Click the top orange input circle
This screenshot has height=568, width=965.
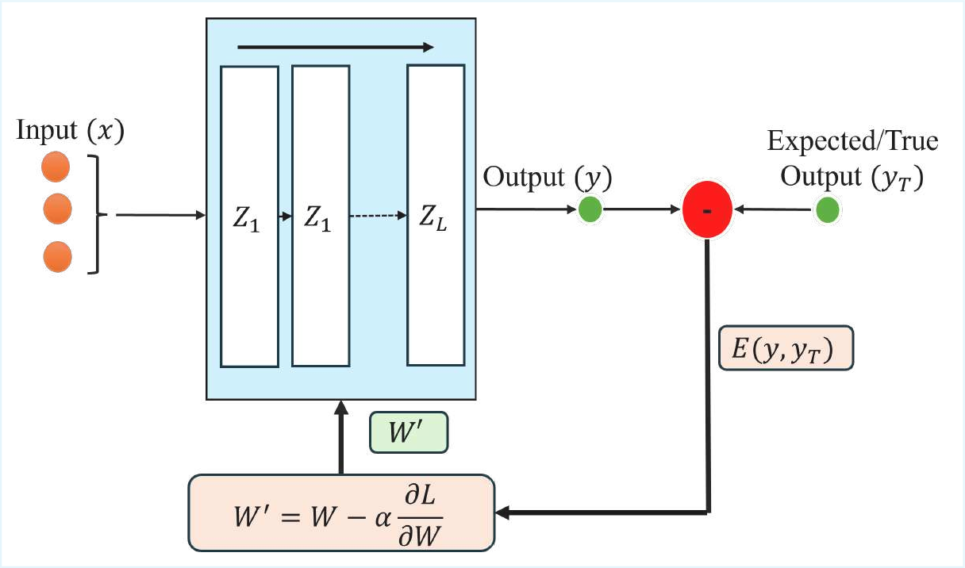(56, 167)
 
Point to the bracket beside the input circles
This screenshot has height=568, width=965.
(98, 214)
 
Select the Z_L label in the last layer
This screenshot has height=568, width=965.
(433, 218)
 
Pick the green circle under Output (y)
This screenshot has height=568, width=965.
(590, 210)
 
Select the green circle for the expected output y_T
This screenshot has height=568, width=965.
(827, 211)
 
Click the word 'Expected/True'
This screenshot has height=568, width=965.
(852, 141)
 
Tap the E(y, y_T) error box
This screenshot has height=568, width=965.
(786, 348)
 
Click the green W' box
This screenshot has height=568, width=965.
(409, 433)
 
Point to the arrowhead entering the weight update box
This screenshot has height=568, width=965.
(506, 513)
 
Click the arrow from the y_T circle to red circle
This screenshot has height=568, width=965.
(774, 211)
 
